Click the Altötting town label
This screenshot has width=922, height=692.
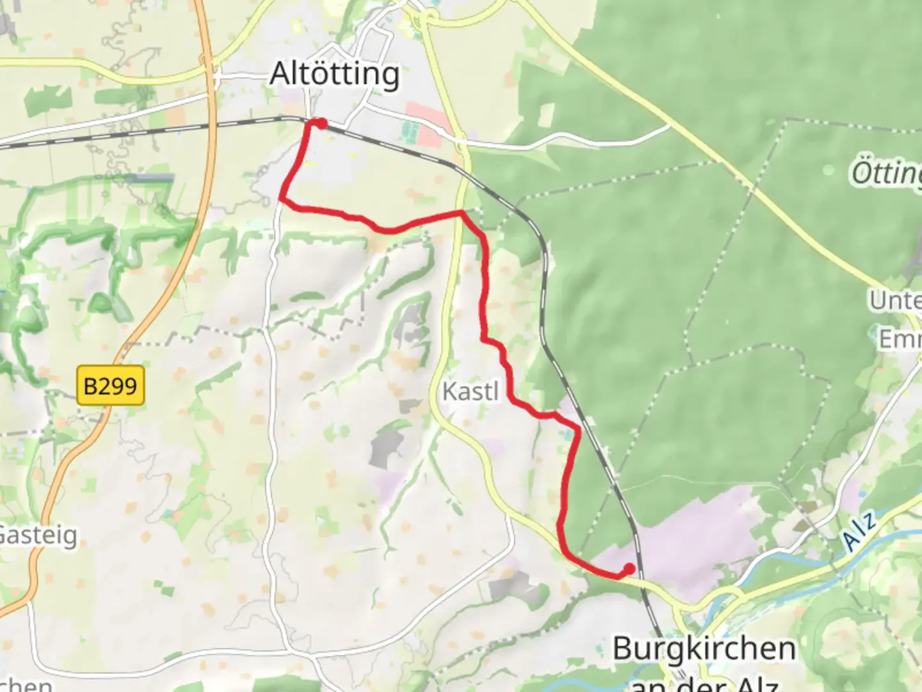coord(335,74)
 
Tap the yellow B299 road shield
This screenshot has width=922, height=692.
coord(111,386)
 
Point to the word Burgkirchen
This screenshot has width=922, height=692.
coord(704,648)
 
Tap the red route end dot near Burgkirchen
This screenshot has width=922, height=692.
coord(629,568)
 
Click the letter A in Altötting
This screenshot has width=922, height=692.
coord(280,74)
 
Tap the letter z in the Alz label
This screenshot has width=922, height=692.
coord(869,520)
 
